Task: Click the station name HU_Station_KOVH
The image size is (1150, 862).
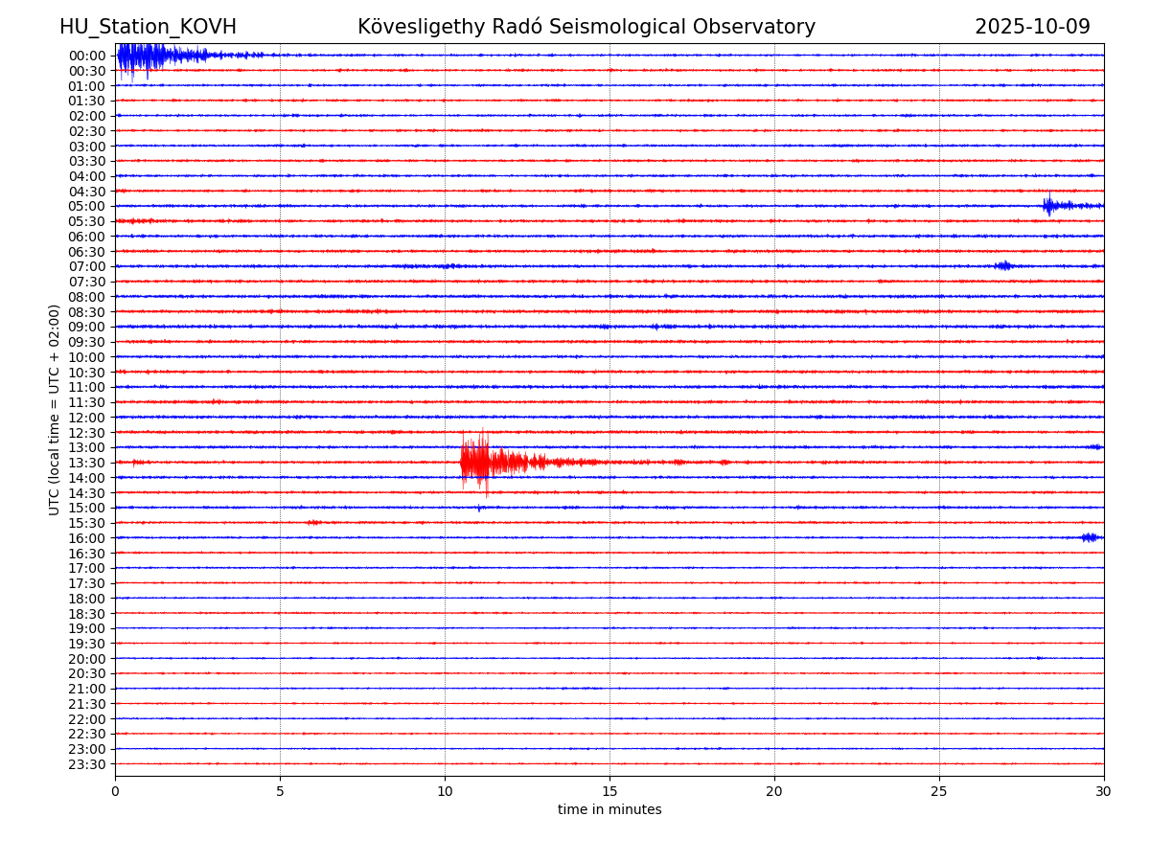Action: [148, 28]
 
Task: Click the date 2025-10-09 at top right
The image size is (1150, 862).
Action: [1032, 28]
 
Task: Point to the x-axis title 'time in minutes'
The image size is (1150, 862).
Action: [609, 810]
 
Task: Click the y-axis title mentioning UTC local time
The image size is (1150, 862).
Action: [55, 410]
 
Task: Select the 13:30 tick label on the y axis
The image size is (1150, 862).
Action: [86, 463]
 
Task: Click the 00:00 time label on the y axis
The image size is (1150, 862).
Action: [86, 56]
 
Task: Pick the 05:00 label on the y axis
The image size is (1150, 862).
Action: [86, 206]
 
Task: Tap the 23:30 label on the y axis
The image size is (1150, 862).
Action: [86, 764]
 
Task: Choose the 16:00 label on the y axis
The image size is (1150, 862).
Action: [86, 538]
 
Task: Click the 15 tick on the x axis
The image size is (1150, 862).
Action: [609, 792]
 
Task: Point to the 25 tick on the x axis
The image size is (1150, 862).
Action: [939, 792]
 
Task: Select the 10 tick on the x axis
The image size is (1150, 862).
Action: [445, 792]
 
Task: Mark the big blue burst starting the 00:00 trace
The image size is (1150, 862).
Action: [144, 56]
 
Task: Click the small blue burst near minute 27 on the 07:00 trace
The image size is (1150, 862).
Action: [1003, 265]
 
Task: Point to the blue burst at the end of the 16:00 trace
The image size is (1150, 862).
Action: [1091, 537]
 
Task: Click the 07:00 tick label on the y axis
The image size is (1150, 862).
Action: [86, 266]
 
